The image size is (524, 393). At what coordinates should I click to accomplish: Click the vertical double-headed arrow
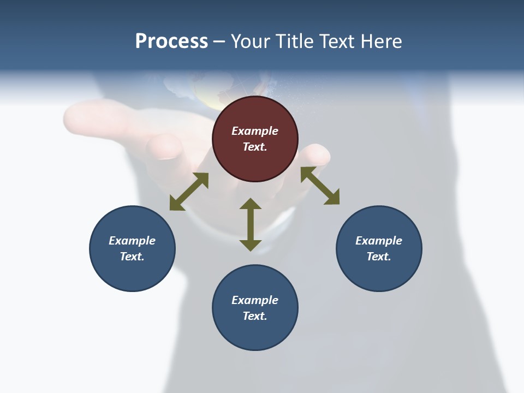(x=251, y=224)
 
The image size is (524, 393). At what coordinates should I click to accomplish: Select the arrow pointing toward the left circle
(x=189, y=192)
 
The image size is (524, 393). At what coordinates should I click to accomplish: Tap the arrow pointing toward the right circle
(x=320, y=186)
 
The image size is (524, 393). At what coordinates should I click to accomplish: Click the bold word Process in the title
(x=171, y=41)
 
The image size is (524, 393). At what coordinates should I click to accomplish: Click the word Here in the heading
(x=382, y=41)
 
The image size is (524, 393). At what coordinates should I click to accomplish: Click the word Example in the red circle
(x=255, y=131)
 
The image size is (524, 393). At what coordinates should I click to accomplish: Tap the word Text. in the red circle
(x=255, y=147)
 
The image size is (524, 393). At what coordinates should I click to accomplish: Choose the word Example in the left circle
(x=132, y=241)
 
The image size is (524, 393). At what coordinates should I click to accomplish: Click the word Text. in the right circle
(x=379, y=257)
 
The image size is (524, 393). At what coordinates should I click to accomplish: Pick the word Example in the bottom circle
(x=255, y=300)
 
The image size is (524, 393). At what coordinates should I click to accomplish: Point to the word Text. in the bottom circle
(x=255, y=316)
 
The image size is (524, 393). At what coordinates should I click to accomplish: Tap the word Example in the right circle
(x=379, y=241)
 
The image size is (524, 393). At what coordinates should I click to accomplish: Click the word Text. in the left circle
(x=132, y=257)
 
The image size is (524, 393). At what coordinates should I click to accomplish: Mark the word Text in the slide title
(x=337, y=41)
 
